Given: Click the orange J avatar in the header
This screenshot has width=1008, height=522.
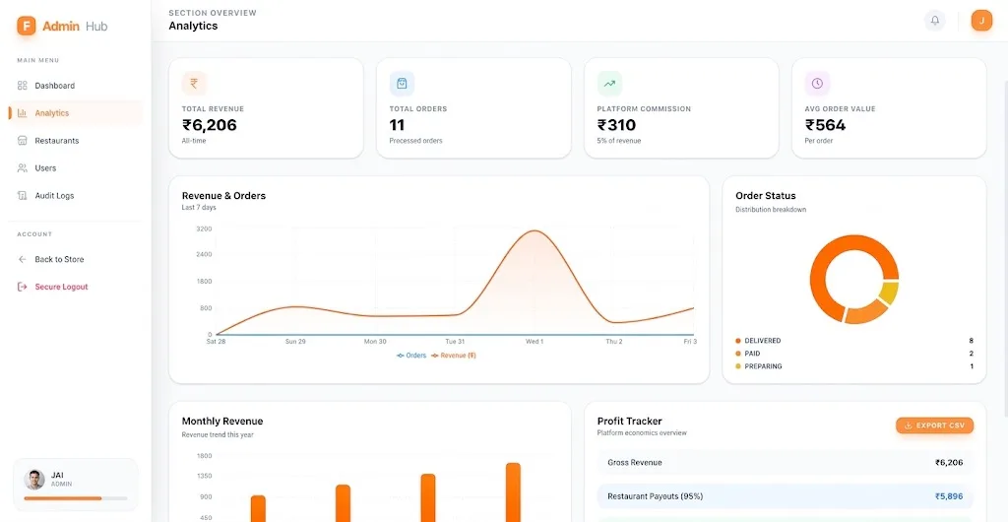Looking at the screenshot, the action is [x=981, y=21].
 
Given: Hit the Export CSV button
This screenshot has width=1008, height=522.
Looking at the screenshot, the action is [x=935, y=425].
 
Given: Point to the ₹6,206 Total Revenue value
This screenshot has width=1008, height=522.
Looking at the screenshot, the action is [x=210, y=125].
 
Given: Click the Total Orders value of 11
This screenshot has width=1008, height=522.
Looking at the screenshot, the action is [x=398, y=125].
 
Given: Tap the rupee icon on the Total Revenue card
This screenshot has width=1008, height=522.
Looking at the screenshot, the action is [x=194, y=84].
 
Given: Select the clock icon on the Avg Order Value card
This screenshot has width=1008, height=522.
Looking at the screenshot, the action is [x=817, y=84].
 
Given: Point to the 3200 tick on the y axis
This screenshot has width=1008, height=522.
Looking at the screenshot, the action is [x=204, y=228].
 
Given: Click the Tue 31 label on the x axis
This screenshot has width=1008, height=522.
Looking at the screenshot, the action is [x=455, y=342].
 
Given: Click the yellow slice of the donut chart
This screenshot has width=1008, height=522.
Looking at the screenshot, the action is [x=889, y=293].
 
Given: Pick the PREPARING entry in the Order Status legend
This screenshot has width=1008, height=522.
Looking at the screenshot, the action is [x=763, y=366].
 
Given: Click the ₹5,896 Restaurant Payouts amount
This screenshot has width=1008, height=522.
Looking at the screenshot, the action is [x=949, y=496].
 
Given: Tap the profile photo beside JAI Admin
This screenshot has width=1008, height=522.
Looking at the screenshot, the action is [x=34, y=479].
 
